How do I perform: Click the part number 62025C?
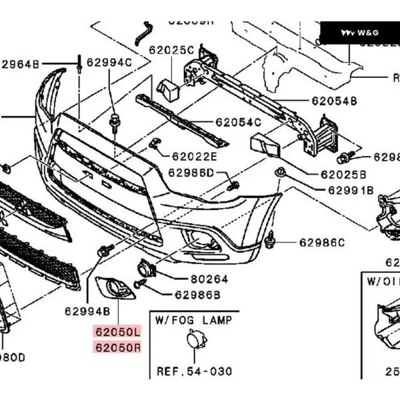(171, 50)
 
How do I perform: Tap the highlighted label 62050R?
(118, 347)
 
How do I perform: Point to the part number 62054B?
(334, 101)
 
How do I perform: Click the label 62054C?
(238, 122)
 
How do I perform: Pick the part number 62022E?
(195, 157)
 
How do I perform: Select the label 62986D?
(191, 173)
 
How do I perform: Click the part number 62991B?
(350, 190)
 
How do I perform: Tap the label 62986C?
(322, 242)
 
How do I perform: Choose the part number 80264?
(209, 279)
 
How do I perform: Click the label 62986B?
(197, 294)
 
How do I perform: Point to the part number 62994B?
(87, 311)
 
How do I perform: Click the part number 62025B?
(343, 175)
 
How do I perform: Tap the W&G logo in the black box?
(359, 33)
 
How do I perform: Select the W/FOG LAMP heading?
(193, 320)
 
